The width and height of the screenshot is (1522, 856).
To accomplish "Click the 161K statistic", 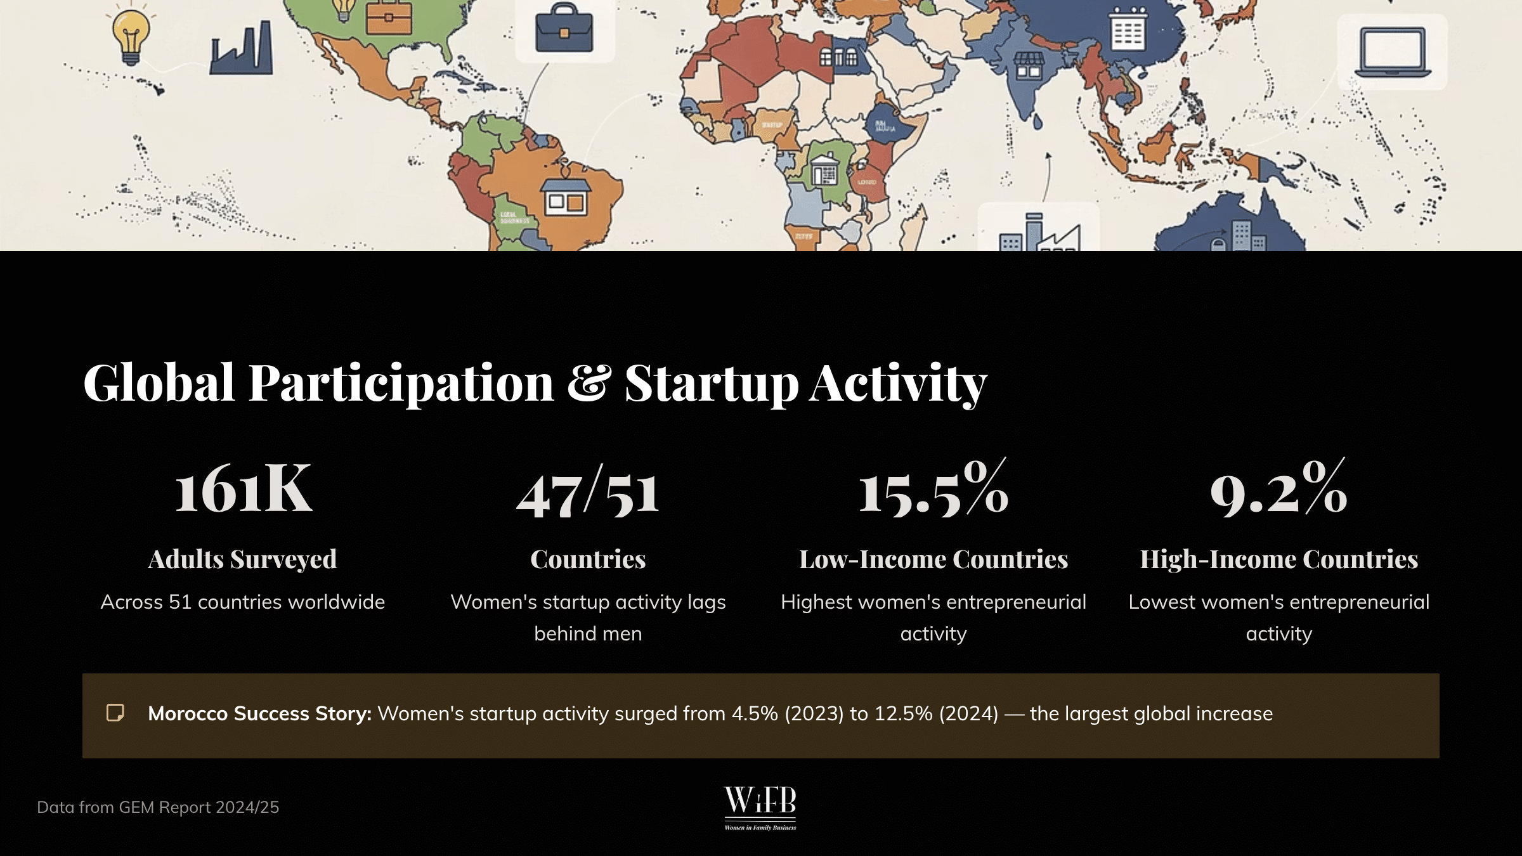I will [243, 489].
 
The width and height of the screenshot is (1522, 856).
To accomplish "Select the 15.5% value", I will [933, 489].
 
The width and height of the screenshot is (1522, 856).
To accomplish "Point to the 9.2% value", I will [1278, 489].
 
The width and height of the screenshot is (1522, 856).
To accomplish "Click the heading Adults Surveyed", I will [242, 559].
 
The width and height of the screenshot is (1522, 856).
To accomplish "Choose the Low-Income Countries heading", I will [933, 559].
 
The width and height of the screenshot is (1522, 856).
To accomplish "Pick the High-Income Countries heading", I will [1278, 559].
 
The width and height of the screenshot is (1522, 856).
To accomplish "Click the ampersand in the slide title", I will [589, 382].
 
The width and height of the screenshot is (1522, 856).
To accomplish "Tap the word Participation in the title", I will [401, 383].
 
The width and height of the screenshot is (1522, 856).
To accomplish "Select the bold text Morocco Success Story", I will [259, 714].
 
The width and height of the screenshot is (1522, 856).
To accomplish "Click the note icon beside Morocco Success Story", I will [115, 713].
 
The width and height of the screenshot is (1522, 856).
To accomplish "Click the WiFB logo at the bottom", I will [760, 807].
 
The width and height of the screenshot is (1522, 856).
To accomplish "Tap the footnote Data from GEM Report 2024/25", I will [158, 807].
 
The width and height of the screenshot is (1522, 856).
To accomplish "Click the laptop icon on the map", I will [1393, 52].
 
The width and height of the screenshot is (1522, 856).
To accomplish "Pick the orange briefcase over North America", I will [389, 19].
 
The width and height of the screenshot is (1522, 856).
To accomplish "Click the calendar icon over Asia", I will [1128, 29].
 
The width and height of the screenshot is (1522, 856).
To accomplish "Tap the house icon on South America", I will [565, 196].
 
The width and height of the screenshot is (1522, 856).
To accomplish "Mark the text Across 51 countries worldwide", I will [242, 602].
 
